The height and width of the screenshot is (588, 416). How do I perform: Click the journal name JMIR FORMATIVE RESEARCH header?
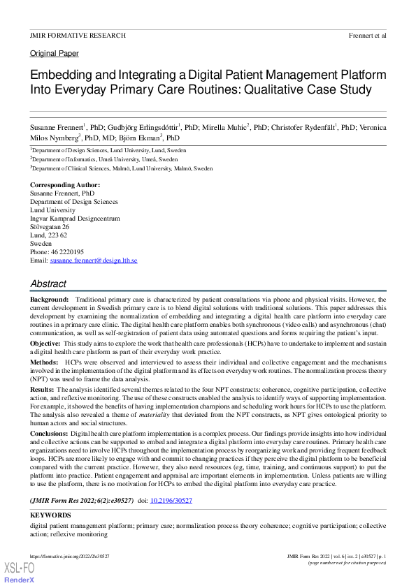[x=78, y=35]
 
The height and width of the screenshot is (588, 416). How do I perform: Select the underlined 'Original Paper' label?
[x=55, y=54]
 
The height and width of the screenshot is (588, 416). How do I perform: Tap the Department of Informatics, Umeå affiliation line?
[x=104, y=159]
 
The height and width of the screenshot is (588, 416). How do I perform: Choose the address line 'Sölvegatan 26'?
[x=50, y=227]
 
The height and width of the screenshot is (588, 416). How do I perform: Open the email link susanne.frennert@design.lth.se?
[x=94, y=260]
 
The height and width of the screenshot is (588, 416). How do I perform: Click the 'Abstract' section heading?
[x=48, y=284]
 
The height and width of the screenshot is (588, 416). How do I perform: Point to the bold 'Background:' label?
[x=50, y=299]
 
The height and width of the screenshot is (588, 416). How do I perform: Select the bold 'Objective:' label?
[x=45, y=344]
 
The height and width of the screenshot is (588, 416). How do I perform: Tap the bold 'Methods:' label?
[x=44, y=363]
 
